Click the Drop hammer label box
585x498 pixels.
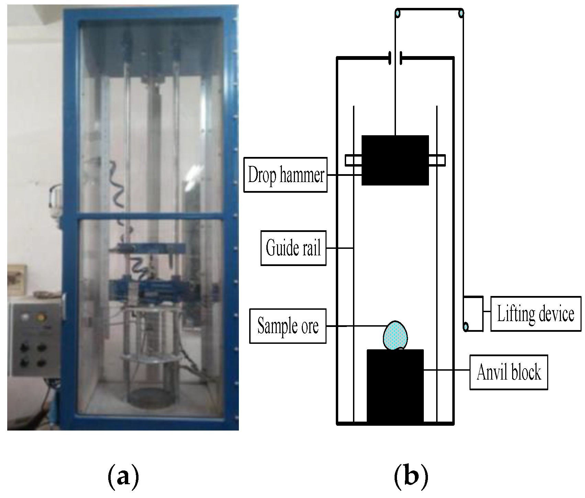coord(285,175)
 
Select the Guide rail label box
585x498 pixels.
coord(293,248)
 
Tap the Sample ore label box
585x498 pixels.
coord(288,326)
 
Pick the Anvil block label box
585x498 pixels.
coord(508,372)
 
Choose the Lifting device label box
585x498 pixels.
coord(536,314)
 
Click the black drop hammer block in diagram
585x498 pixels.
coord(395,160)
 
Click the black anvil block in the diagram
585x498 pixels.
coord(395,385)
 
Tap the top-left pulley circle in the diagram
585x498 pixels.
coord(398,13)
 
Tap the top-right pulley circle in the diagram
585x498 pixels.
coord(461,13)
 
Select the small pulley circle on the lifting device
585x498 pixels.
coord(466,326)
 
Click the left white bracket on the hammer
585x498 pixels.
coord(353,160)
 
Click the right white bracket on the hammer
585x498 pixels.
coord(437,160)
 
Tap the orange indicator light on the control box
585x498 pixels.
coord(41,316)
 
